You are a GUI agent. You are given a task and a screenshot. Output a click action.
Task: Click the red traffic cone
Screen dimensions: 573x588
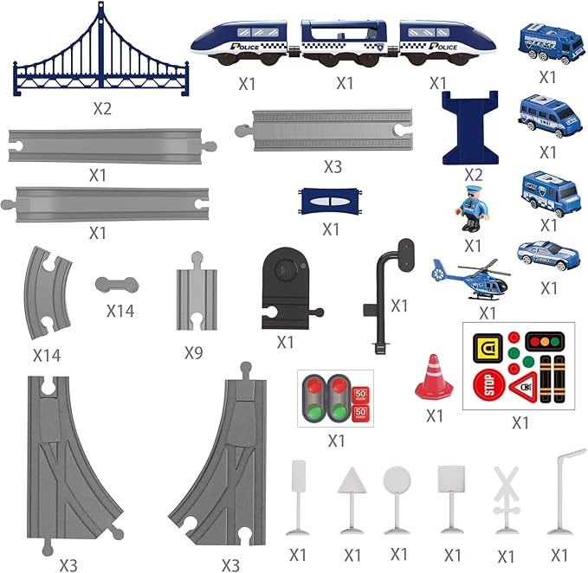[434, 377]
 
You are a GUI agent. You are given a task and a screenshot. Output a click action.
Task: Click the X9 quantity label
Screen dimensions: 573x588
[194, 353]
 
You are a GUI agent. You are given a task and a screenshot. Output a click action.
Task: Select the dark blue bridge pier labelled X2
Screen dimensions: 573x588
[472, 127]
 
